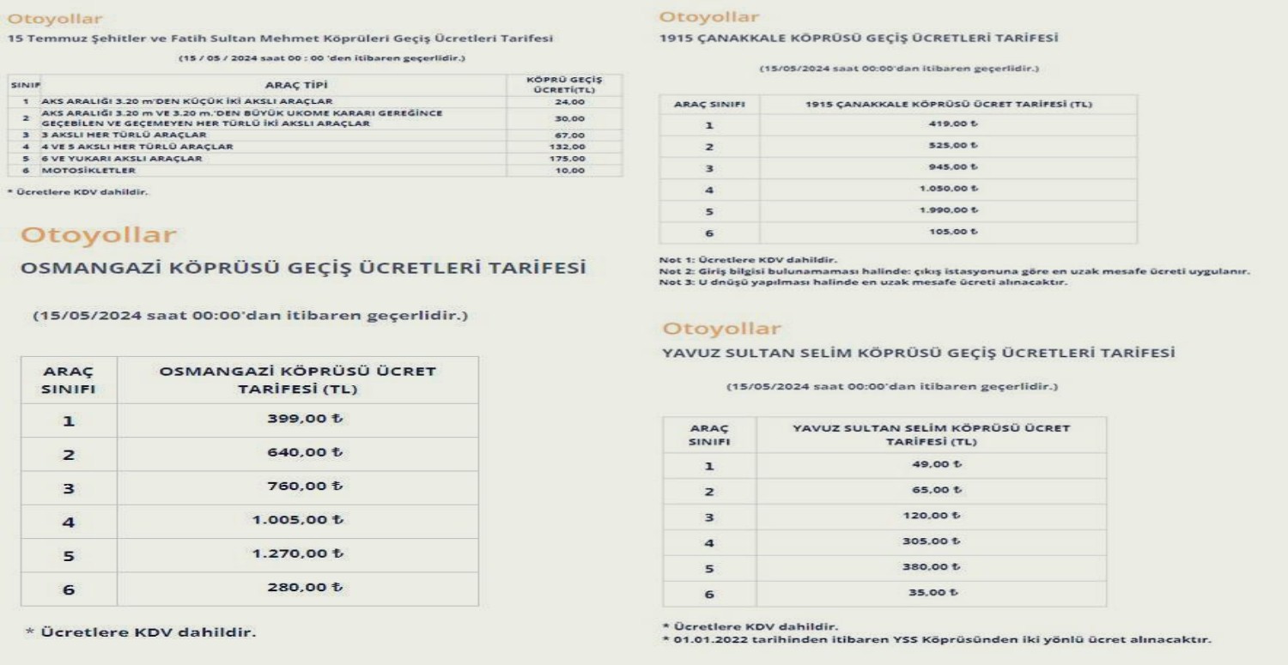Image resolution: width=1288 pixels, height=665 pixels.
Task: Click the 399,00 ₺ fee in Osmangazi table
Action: click(298, 420)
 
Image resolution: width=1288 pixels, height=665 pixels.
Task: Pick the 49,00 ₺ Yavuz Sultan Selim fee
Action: click(935, 464)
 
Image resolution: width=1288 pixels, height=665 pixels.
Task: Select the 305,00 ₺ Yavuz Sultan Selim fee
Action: click(932, 541)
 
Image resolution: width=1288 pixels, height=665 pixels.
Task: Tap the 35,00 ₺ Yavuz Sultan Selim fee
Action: click(935, 592)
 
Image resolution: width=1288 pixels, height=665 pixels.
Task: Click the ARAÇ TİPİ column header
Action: click(296, 85)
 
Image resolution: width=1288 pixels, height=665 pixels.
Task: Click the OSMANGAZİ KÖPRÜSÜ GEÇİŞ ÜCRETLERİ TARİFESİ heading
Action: click(303, 269)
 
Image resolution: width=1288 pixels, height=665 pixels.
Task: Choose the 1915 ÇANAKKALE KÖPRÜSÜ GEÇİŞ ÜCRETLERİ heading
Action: click(859, 39)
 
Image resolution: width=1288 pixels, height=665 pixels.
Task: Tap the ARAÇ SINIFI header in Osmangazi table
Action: click(70, 379)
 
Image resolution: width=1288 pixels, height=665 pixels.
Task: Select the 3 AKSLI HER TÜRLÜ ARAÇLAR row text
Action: click(125, 135)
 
